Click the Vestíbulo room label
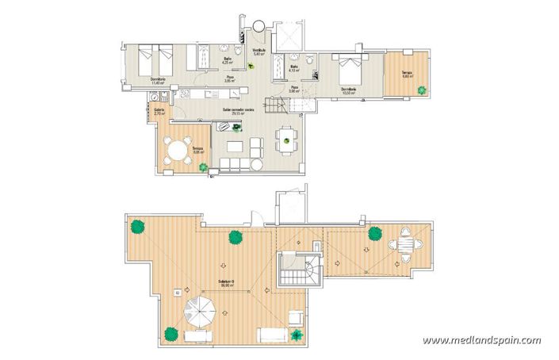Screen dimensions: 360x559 pos(258,53)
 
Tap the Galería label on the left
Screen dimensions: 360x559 pos(159,113)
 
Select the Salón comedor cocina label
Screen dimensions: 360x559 pos(237,113)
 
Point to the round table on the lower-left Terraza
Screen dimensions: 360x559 pos(177,149)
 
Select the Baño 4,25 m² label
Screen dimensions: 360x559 pos(228,60)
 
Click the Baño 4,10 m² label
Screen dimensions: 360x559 pos(293,68)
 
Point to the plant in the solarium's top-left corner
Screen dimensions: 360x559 pos(138,228)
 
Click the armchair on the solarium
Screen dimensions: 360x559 pos(294,318)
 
